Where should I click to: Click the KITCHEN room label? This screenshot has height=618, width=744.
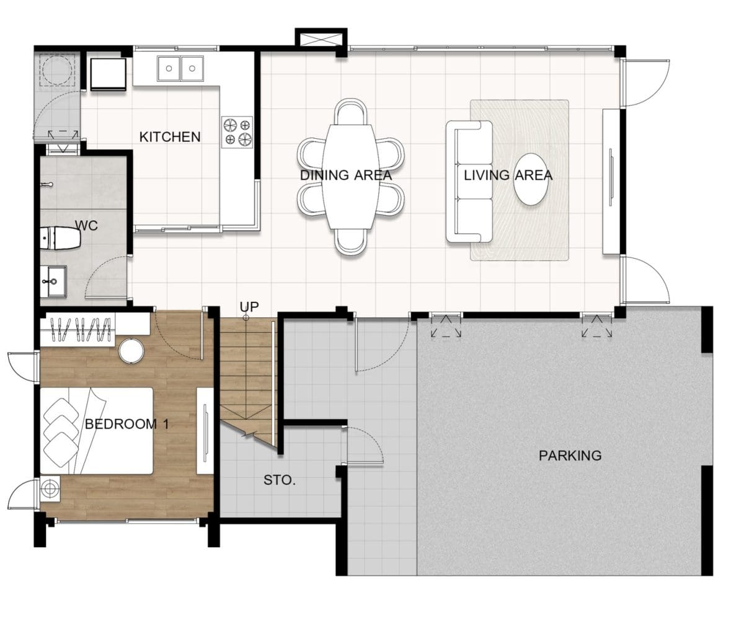(170, 137)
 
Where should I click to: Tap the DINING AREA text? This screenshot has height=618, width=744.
(346, 175)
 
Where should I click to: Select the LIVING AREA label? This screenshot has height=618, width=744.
(508, 175)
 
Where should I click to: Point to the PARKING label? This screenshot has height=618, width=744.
(570, 455)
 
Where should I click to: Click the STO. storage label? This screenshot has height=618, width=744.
(280, 480)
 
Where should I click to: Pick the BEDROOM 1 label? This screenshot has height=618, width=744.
(127, 424)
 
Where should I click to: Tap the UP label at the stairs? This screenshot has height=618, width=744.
(249, 307)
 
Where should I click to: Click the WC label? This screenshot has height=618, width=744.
(86, 226)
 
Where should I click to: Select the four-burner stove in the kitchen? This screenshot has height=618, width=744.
(237, 132)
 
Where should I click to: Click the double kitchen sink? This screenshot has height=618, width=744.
(180, 68)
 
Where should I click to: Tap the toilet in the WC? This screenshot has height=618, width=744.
(60, 238)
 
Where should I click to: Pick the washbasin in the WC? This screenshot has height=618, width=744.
(53, 281)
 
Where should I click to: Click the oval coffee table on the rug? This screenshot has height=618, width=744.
(531, 179)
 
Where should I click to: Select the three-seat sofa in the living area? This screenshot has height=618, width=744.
(469, 182)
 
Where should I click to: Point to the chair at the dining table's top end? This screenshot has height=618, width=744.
(351, 112)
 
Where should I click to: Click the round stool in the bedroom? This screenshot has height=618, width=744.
(131, 351)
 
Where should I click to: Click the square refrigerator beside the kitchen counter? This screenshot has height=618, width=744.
(108, 74)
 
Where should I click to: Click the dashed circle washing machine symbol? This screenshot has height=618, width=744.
(57, 70)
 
